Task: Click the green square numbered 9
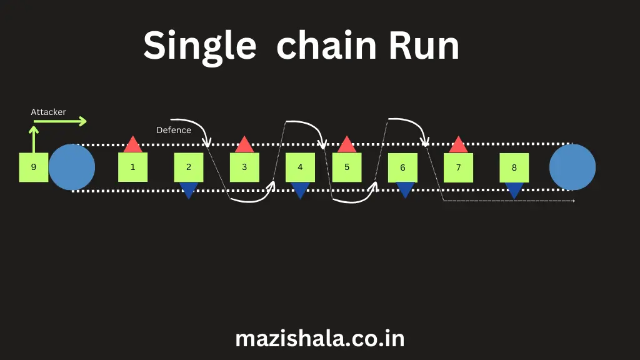click(34, 167)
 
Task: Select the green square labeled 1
click(132, 167)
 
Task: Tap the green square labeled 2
click(189, 167)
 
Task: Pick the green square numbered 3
click(244, 167)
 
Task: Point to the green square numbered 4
click(300, 167)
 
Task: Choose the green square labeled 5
click(347, 167)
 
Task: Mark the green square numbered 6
click(402, 167)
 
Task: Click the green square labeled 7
click(458, 167)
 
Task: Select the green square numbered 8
click(514, 167)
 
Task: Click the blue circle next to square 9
click(72, 167)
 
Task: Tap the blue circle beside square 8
click(572, 167)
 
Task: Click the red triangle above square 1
click(132, 146)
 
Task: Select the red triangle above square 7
click(458, 146)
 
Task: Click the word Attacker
click(49, 112)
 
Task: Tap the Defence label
click(174, 130)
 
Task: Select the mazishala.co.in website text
click(320, 339)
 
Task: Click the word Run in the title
click(424, 46)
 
